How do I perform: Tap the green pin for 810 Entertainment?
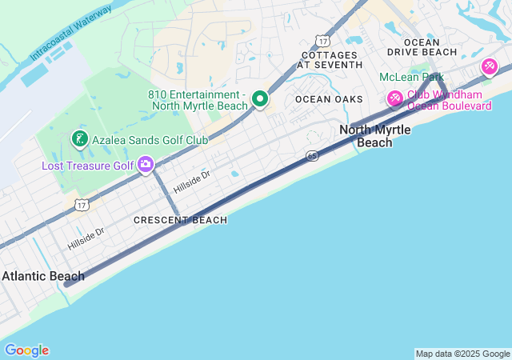coord(259,99)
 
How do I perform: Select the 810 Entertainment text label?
coord(198,100)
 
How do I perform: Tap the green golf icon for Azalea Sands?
coord(79,139)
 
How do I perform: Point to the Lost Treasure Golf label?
coord(88,166)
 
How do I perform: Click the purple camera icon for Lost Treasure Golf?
coord(145,165)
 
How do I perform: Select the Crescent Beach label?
coord(180,220)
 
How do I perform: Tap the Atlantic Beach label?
coord(42,277)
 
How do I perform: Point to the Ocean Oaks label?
coord(329,99)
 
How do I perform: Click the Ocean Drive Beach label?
coord(422,47)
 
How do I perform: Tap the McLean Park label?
coord(411,78)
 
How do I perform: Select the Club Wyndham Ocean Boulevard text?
coord(449,100)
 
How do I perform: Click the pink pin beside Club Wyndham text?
coord(394,99)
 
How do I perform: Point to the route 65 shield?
coord(313,155)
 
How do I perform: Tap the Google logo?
coord(26,350)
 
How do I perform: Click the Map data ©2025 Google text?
coord(462,354)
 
